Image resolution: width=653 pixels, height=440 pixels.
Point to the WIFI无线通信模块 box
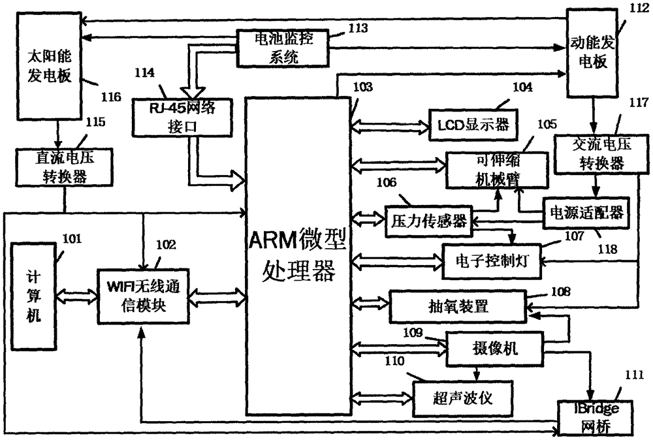pos(141,297)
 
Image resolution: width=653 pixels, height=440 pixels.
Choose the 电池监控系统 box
pos(283,48)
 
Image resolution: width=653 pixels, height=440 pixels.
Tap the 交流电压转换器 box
pos(590,154)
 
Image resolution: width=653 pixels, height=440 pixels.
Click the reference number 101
pos(71,240)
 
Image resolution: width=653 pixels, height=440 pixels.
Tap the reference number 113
pos(358,28)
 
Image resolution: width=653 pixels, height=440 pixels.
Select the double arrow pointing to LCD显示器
pos(390,123)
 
